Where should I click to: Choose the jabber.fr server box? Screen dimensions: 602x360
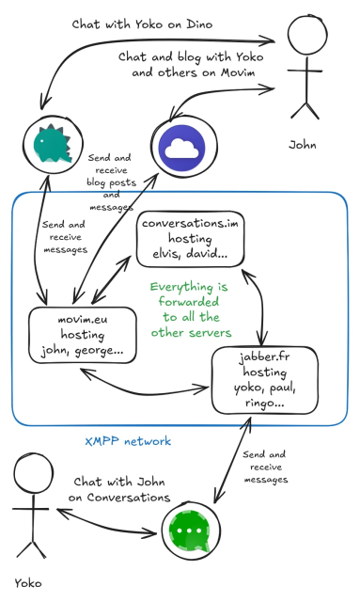pos(257,379)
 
